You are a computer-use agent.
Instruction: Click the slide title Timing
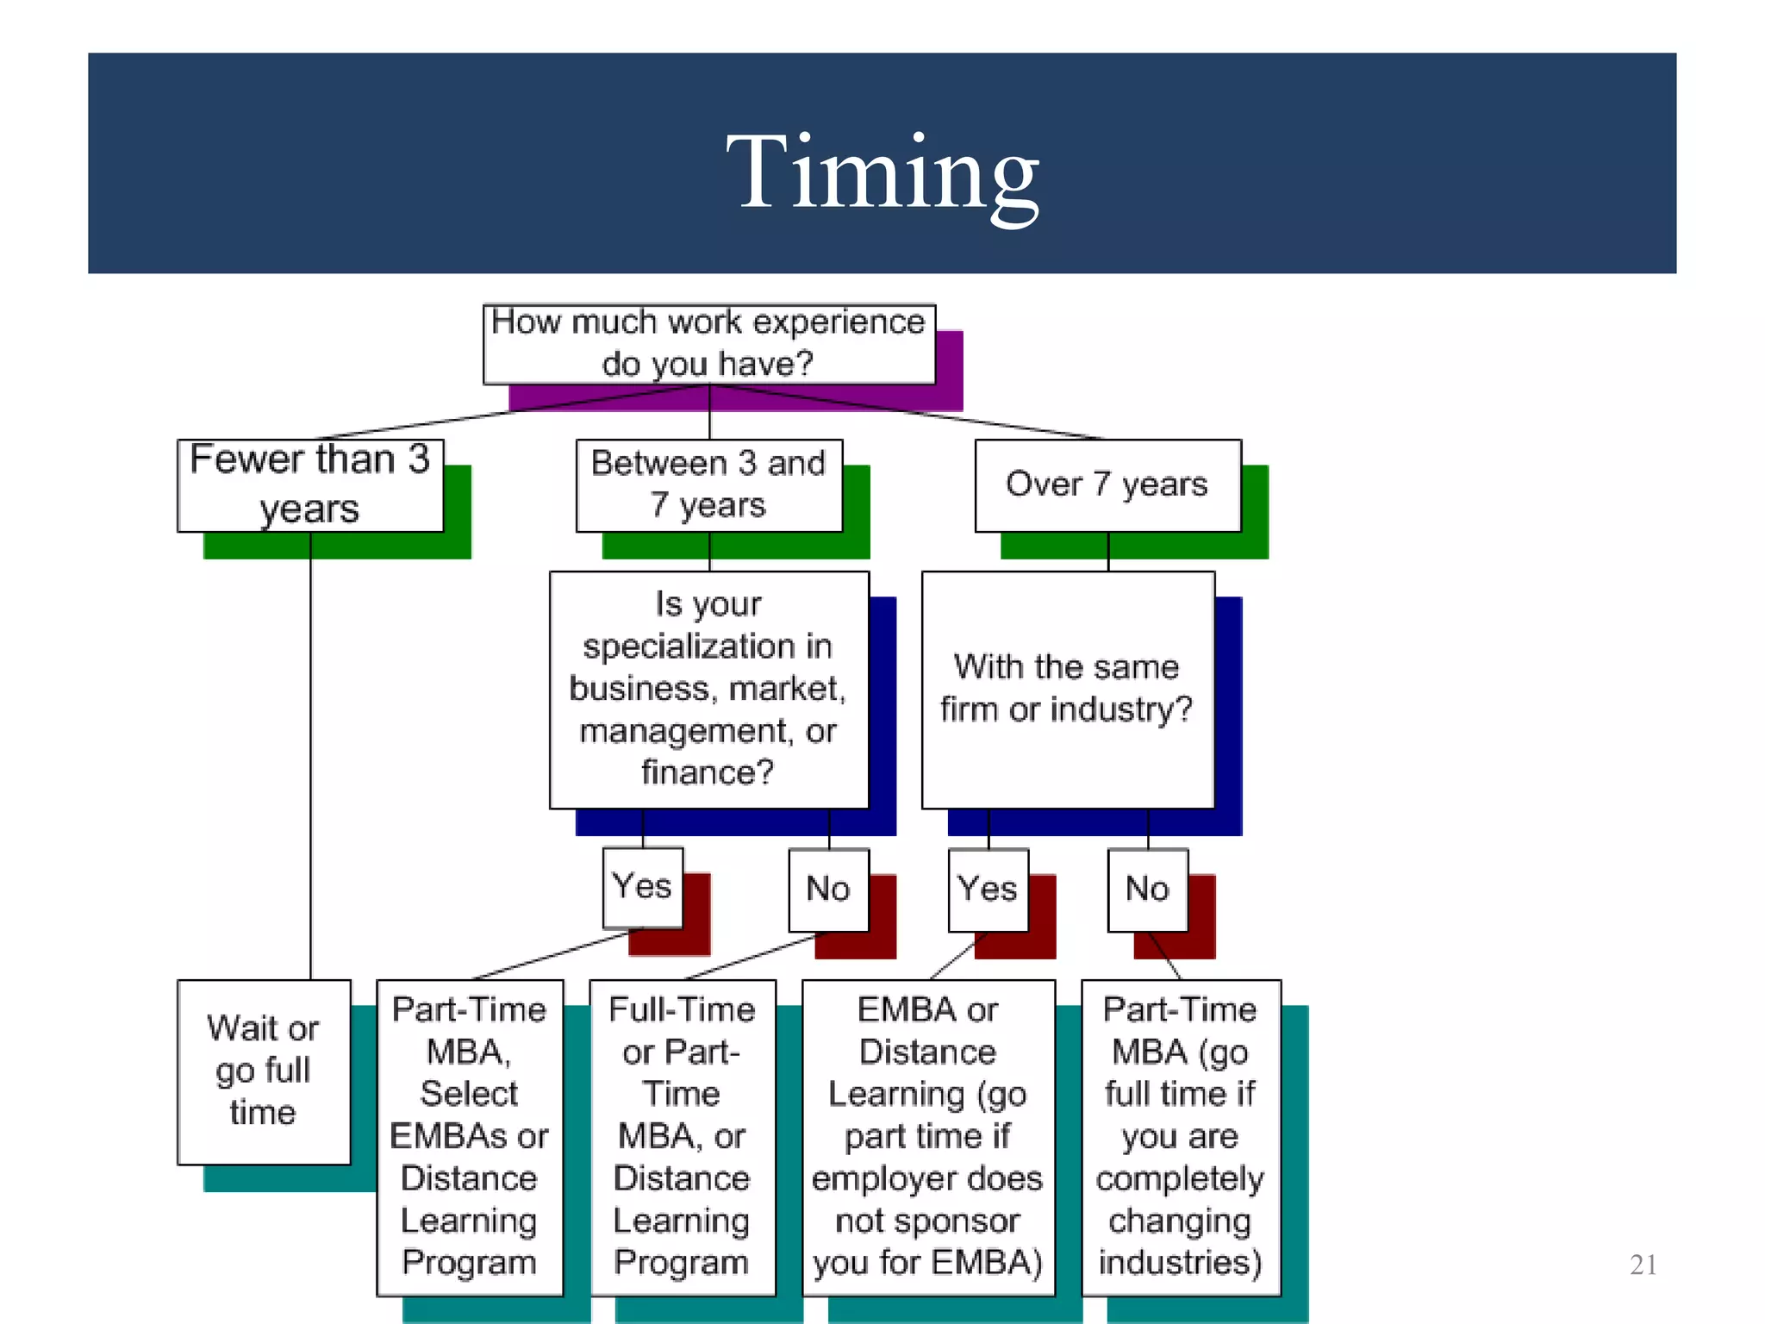(x=882, y=172)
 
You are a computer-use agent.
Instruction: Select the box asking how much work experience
(x=708, y=343)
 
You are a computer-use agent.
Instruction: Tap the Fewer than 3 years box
(x=310, y=484)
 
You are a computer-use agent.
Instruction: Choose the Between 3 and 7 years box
(x=708, y=484)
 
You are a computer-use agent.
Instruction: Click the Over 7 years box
(x=1107, y=484)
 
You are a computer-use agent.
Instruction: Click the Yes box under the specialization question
(x=642, y=887)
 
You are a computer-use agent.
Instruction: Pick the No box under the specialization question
(x=828, y=889)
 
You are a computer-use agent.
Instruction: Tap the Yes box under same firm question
(x=988, y=889)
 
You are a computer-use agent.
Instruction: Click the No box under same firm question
(x=1147, y=889)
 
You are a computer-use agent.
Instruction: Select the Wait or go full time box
(x=264, y=1071)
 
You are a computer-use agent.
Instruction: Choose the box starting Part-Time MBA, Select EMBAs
(x=470, y=1136)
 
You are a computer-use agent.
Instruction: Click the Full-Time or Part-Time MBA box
(x=682, y=1136)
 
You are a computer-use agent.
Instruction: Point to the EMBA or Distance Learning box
(x=928, y=1136)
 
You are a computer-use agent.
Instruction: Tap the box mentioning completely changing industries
(x=1181, y=1136)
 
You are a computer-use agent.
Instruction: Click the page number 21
(x=1643, y=1265)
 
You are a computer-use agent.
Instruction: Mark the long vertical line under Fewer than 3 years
(x=310, y=759)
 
